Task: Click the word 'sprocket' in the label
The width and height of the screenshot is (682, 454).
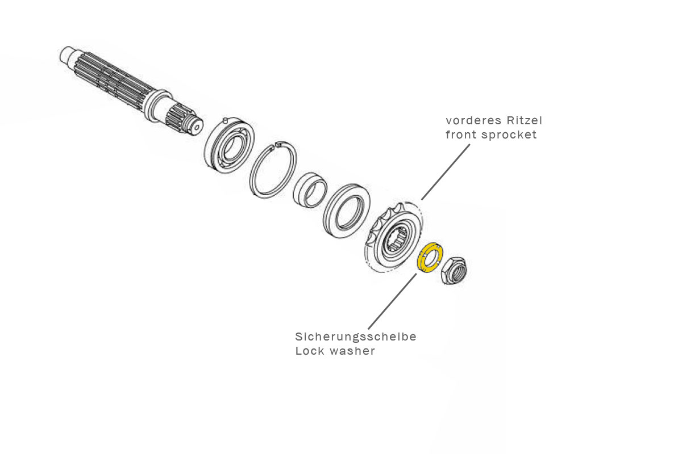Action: coord(509,135)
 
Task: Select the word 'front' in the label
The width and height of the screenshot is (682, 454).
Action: coord(461,135)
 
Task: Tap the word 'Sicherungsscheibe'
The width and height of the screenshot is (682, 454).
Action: coord(356,337)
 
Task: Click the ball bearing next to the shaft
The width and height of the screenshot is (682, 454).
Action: coord(229,146)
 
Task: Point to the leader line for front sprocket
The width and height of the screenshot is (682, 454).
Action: coord(446,170)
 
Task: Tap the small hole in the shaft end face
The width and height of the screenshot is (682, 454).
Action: coord(197,128)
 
